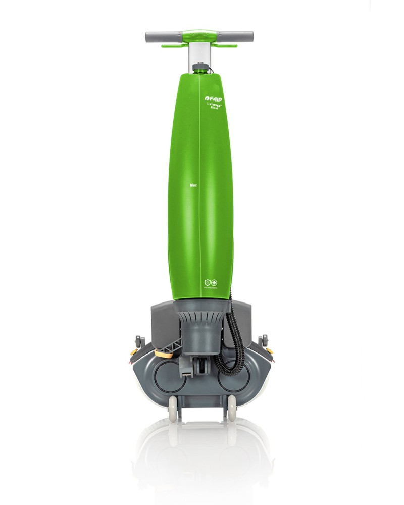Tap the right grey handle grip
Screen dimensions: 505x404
[245, 37]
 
